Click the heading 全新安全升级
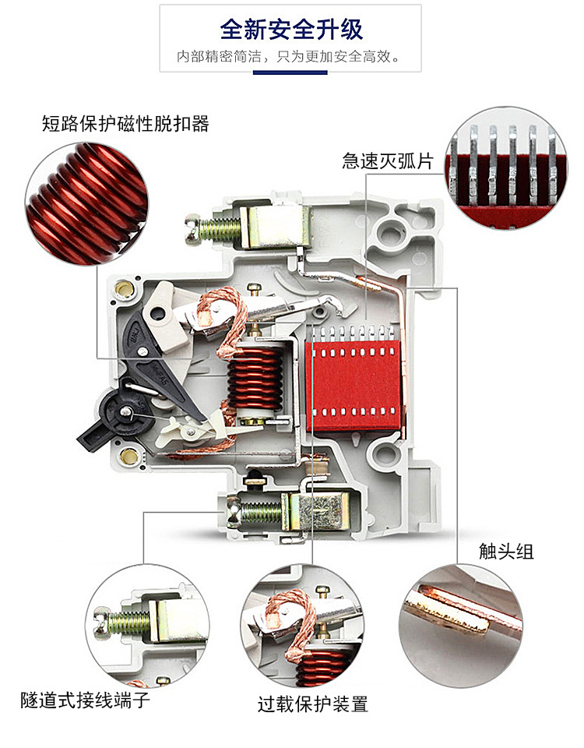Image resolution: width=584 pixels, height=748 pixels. tap(291, 30)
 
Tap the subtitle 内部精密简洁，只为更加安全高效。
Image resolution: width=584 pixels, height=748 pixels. tap(290, 57)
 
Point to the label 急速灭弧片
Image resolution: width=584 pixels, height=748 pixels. tap(388, 161)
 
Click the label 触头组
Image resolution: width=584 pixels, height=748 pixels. tap(506, 552)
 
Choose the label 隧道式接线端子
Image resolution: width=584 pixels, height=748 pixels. tap(86, 700)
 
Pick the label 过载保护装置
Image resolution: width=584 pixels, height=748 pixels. tap(312, 704)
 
